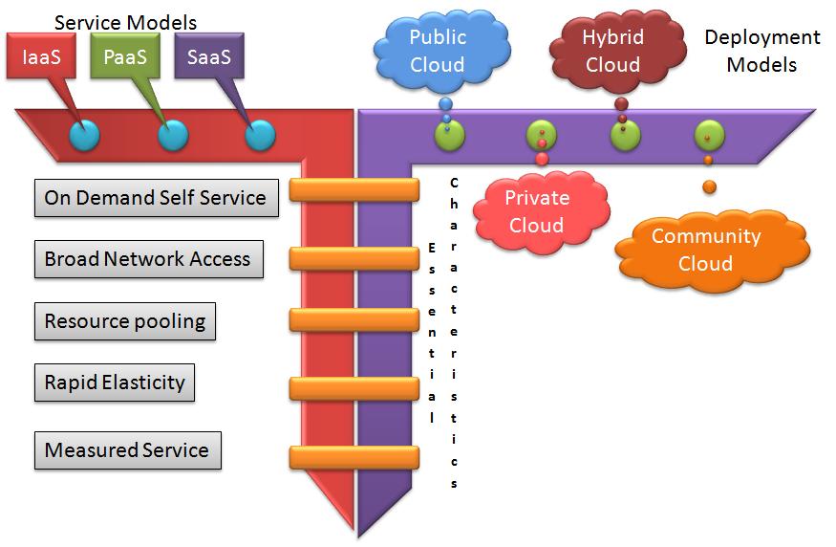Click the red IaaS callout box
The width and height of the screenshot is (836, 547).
click(x=41, y=57)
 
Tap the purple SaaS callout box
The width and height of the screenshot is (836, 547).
click(x=209, y=57)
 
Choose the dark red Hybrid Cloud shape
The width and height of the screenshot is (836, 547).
click(x=613, y=52)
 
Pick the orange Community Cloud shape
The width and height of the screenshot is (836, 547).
click(x=705, y=250)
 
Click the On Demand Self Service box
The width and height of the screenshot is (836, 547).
click(x=155, y=198)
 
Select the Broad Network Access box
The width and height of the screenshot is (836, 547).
click(x=147, y=259)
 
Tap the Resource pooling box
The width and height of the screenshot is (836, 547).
click(x=124, y=320)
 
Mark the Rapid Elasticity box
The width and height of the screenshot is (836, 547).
click(x=115, y=383)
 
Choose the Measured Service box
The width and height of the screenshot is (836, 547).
click(x=126, y=449)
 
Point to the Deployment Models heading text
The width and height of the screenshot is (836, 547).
click(x=761, y=52)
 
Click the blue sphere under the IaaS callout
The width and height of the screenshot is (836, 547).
click(x=84, y=135)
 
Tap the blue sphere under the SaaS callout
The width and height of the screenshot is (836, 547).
click(x=260, y=135)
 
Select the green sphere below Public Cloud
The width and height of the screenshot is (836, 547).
click(x=449, y=136)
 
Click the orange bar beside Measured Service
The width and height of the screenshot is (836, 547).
click(x=354, y=457)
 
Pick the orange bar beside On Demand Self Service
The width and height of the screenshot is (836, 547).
click(x=354, y=189)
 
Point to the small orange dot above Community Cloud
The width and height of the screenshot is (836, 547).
click(x=709, y=186)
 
